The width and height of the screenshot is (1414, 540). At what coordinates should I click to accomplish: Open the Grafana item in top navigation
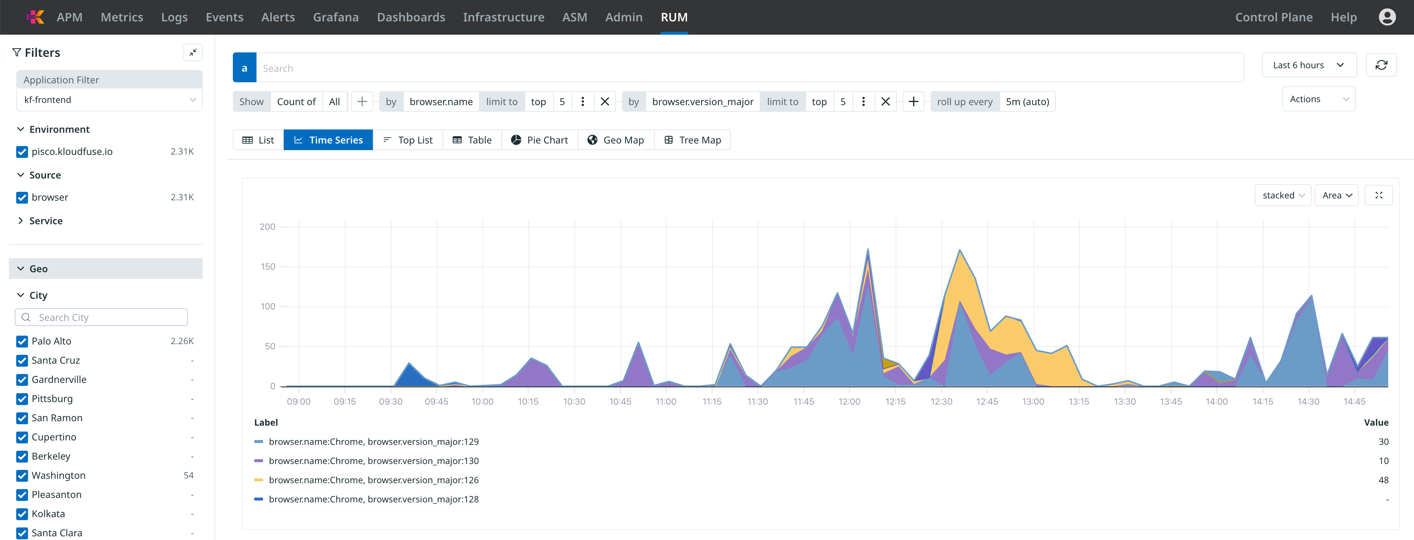tap(335, 17)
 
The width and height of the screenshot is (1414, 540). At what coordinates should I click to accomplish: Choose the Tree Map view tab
tap(692, 140)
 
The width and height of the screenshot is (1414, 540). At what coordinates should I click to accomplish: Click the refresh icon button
tap(1381, 65)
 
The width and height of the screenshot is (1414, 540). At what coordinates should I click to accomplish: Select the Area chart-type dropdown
tap(1336, 195)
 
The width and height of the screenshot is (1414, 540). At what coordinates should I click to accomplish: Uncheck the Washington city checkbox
tap(22, 476)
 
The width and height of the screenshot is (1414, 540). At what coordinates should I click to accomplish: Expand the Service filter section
tap(46, 221)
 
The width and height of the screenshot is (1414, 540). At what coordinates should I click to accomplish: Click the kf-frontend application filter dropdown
tap(109, 100)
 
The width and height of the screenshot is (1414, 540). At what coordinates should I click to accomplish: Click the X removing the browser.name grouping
tap(604, 102)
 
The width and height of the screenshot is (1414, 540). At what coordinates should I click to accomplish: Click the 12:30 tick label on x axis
tap(941, 402)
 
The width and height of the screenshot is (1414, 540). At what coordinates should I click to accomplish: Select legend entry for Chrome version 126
tap(373, 480)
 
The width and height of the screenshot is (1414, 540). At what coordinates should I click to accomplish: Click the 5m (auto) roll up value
tap(1027, 102)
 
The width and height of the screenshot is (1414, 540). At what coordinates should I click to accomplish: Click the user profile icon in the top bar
tap(1387, 17)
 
